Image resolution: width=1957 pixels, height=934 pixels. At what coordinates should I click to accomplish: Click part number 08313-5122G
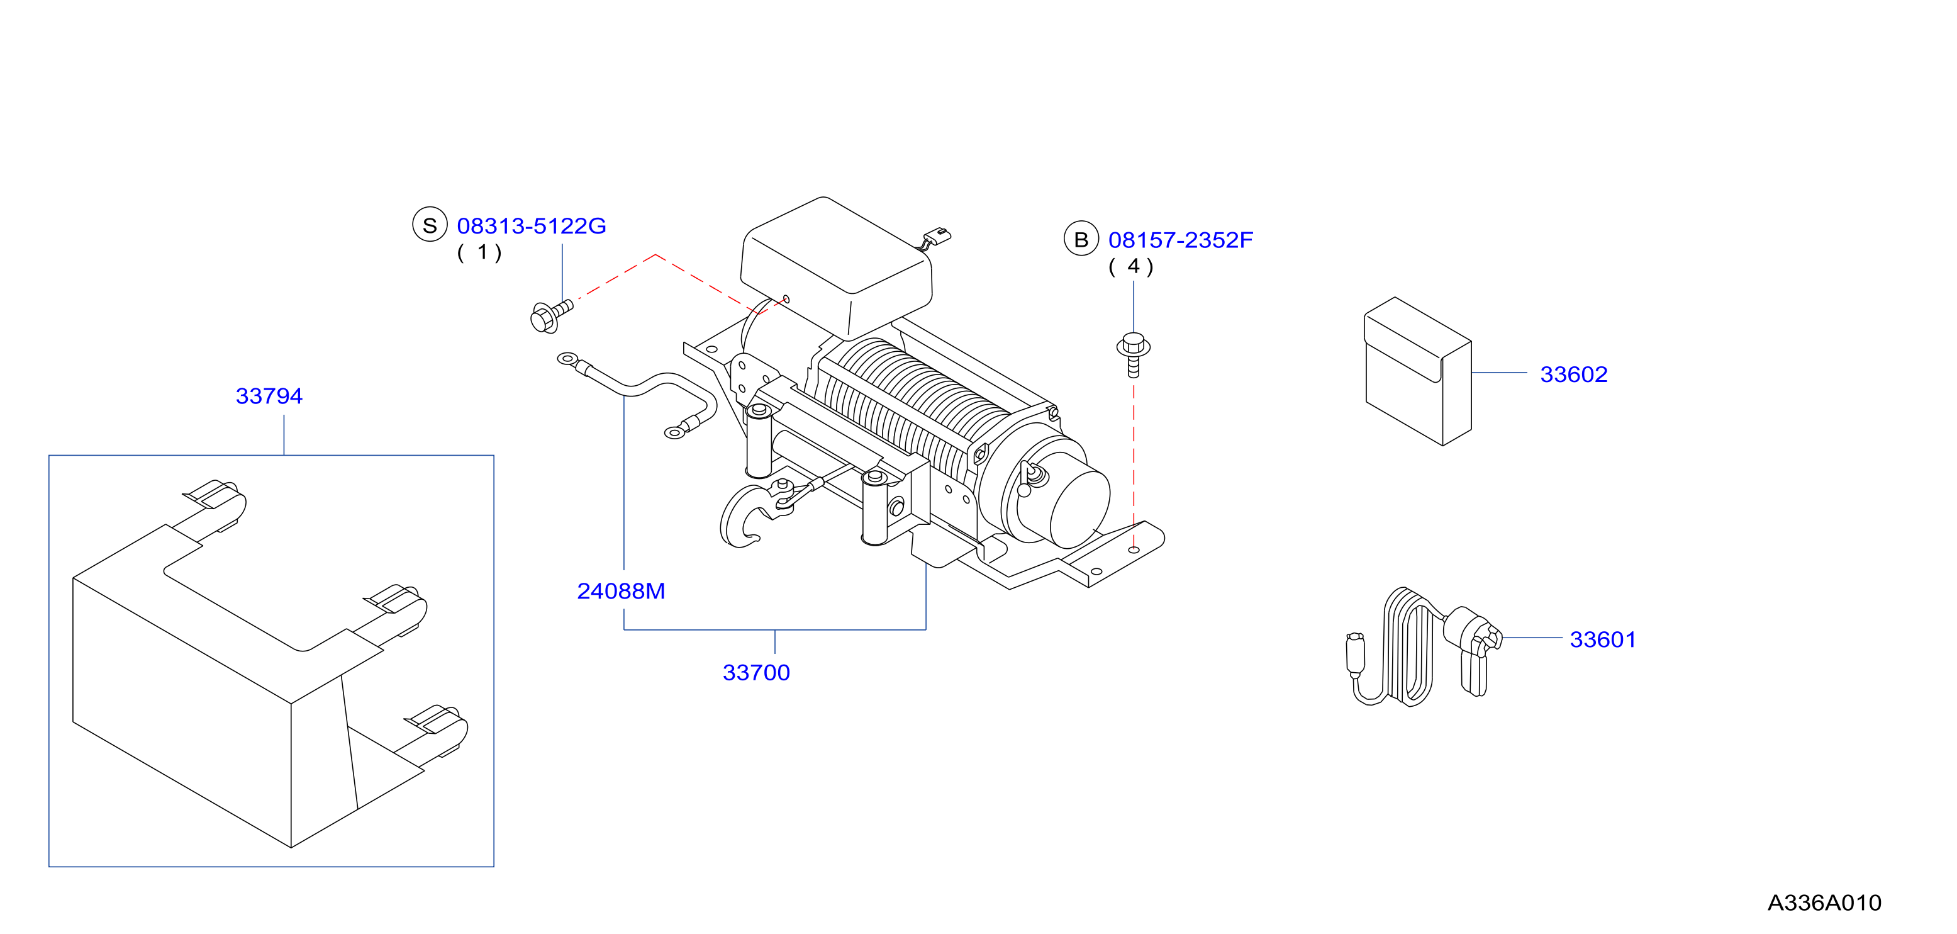tap(531, 226)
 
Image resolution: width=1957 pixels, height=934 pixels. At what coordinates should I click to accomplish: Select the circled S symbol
tap(430, 225)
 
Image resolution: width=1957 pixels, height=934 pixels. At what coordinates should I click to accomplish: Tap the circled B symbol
tap(1081, 239)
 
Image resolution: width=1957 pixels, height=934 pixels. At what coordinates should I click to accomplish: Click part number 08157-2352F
tap(1180, 240)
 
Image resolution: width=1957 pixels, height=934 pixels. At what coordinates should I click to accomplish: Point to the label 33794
tap(269, 396)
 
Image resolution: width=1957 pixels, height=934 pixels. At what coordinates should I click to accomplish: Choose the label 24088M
tap(621, 590)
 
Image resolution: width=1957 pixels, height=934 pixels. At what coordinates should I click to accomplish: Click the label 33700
tap(756, 673)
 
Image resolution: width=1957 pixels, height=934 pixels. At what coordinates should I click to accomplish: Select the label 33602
tap(1573, 374)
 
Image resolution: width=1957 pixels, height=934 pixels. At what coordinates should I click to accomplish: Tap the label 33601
tap(1602, 640)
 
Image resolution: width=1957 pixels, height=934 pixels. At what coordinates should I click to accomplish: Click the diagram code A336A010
tap(1824, 903)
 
